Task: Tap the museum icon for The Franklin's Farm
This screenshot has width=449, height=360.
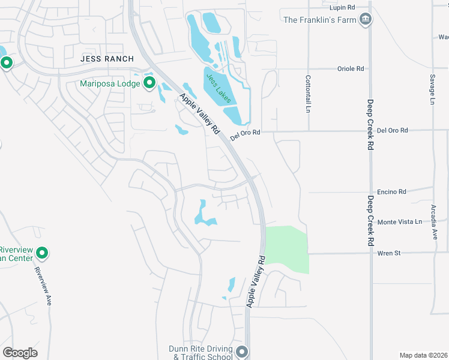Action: pyautogui.click(x=365, y=20)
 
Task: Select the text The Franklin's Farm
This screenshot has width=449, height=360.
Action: pyautogui.click(x=320, y=20)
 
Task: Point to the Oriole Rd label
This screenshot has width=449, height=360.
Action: pyautogui.click(x=352, y=68)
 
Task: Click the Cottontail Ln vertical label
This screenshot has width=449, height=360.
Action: pyautogui.click(x=308, y=94)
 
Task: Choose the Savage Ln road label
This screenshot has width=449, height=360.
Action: pyautogui.click(x=432, y=89)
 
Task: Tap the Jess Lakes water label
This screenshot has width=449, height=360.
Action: pyautogui.click(x=218, y=88)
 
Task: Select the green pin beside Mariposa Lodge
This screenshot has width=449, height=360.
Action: pyautogui.click(x=149, y=83)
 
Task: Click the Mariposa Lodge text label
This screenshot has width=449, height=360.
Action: pyautogui.click(x=110, y=83)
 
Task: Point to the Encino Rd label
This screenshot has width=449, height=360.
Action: pyautogui.click(x=393, y=192)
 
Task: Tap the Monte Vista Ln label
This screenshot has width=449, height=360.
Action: pyautogui.click(x=400, y=222)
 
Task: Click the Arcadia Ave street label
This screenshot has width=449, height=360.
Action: pyautogui.click(x=434, y=222)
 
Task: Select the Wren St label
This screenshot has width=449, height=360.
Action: pyautogui.click(x=388, y=253)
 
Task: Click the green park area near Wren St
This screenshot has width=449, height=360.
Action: pyautogui.click(x=287, y=247)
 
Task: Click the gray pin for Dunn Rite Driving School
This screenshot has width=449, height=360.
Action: pyautogui.click(x=242, y=352)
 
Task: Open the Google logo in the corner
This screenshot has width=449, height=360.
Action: pyautogui.click(x=20, y=353)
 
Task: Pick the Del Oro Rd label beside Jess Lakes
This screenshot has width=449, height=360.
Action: pyautogui.click(x=245, y=133)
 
